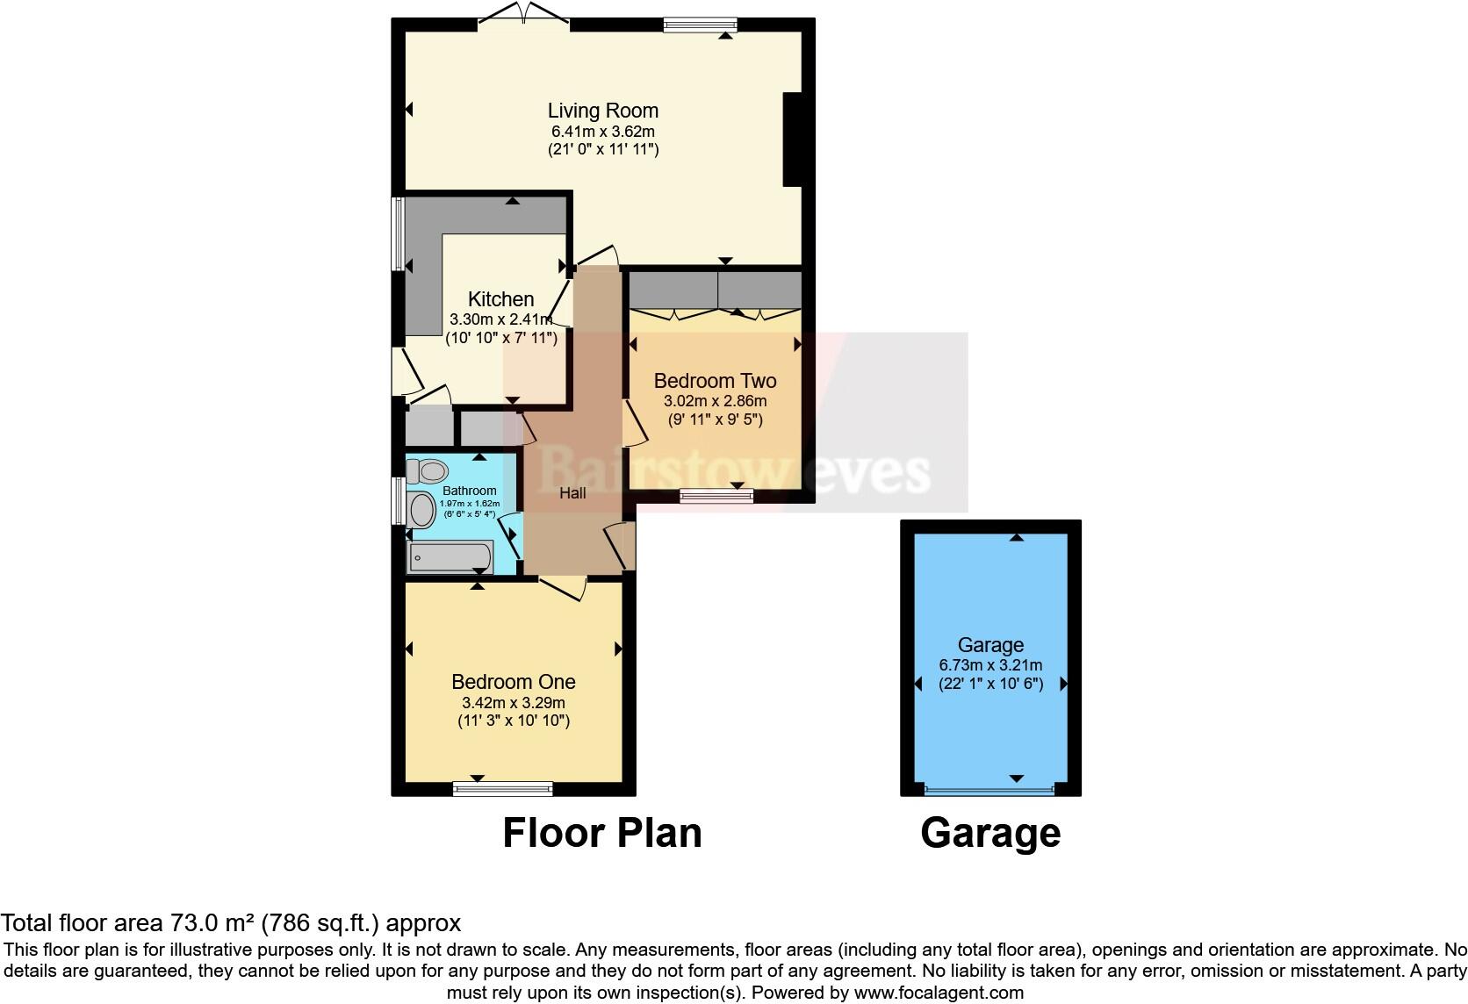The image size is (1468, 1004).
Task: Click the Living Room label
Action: coord(602,111)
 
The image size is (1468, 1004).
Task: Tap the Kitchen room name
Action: coord(500,299)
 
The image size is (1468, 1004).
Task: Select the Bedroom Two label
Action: coord(715,381)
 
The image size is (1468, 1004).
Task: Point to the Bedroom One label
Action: coord(513,682)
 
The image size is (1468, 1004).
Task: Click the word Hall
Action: coord(572,493)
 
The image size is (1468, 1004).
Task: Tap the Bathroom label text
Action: coord(469,491)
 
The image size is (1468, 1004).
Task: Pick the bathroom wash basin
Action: coord(422,510)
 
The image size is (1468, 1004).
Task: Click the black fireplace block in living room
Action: coord(792,140)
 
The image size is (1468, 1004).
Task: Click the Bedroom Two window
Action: coord(716,497)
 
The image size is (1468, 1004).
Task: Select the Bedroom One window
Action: coord(502,789)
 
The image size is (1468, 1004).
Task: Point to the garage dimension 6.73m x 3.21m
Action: coord(990,665)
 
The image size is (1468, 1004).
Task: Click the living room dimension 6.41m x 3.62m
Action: coord(602,132)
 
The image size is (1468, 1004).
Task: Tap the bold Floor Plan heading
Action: coord(602,833)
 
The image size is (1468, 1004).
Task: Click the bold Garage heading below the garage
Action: coord(990,833)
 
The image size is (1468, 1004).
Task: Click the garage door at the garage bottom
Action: coord(989,790)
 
